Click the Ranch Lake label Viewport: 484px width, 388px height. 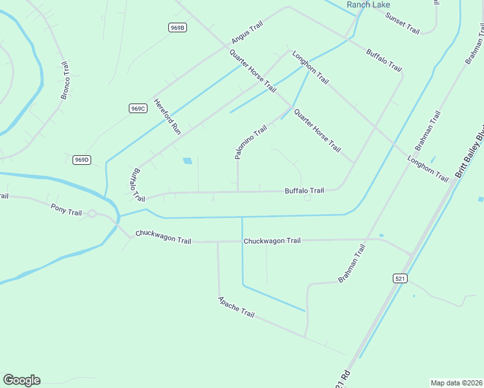click(x=368, y=5)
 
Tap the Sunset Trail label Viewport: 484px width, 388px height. click(x=402, y=23)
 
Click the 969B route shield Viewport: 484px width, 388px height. click(x=177, y=27)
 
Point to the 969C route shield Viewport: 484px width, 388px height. click(x=138, y=108)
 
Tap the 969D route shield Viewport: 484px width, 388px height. click(x=82, y=160)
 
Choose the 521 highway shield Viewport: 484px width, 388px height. click(x=399, y=278)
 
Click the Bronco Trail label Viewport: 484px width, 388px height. click(x=65, y=81)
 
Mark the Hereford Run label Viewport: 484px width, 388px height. click(x=167, y=116)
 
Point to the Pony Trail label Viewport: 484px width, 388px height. click(x=67, y=208)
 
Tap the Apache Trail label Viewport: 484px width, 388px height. click(x=236, y=307)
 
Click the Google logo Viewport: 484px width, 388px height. click(x=21, y=380)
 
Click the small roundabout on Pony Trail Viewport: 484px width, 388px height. click(x=93, y=214)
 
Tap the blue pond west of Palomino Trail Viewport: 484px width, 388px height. click(x=188, y=160)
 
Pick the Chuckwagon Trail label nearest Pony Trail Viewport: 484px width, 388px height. click(x=164, y=237)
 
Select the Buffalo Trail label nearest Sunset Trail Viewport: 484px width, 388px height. click(x=384, y=60)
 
